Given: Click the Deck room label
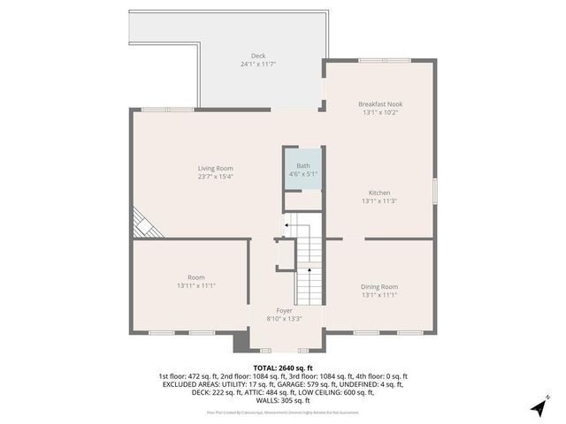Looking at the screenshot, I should click(x=258, y=56).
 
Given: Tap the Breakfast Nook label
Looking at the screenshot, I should click(x=381, y=103).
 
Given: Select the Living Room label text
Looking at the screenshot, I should click(x=215, y=168).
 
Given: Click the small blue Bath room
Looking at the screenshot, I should click(x=302, y=169).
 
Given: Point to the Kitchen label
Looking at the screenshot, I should click(x=379, y=193).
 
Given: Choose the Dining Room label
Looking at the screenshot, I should click(x=379, y=286).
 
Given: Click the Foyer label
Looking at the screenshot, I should click(x=284, y=311).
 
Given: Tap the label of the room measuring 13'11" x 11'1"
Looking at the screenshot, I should click(x=195, y=277).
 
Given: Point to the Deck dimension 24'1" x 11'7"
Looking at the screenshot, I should click(x=258, y=64).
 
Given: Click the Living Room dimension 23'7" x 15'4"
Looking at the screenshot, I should click(x=215, y=177).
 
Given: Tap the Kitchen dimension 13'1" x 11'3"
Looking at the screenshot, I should click(x=379, y=201).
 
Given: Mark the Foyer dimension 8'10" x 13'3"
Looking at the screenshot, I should click(x=284, y=319).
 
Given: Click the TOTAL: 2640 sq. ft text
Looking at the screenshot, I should click(x=282, y=367).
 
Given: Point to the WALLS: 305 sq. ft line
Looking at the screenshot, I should click(x=282, y=400).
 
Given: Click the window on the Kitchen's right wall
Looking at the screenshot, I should click(x=434, y=192).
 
